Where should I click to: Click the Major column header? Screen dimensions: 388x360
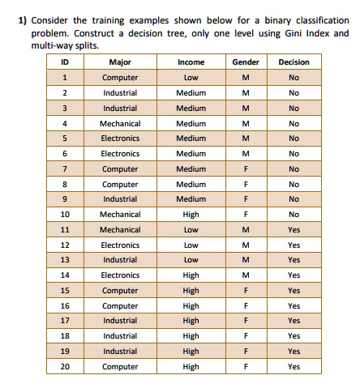coord(120,62)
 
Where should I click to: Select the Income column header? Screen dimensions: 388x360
coord(191,62)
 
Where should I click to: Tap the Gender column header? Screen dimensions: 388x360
coord(246,62)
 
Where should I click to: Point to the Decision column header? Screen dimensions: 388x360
coord(294,62)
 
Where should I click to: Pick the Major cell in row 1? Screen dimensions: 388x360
coord(120,78)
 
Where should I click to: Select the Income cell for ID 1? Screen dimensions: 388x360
coord(191,78)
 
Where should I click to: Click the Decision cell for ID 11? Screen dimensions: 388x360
coord(294,229)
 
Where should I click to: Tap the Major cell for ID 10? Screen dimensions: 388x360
coord(120,215)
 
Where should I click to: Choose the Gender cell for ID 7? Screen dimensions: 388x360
coord(246,168)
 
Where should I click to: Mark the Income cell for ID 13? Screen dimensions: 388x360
coord(191,260)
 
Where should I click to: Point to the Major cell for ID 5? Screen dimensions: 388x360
coord(120,139)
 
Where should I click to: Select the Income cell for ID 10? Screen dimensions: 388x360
coord(191,215)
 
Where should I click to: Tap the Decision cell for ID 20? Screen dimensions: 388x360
coord(294,366)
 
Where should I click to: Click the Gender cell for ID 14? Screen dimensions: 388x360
coord(246,275)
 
